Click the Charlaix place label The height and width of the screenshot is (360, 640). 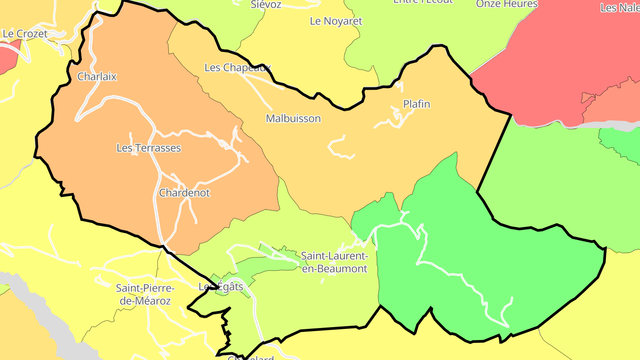[x=97, y=76]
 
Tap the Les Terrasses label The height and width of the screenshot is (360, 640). [x=148, y=148]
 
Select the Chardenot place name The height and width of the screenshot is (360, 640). [x=184, y=193]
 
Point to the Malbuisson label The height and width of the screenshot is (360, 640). [x=293, y=118]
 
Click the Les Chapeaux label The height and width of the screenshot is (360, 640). [x=237, y=68]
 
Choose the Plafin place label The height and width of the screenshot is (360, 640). [x=416, y=104]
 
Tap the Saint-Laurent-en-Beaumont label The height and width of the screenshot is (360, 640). [x=334, y=262]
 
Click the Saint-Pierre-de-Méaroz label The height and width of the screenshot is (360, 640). [x=145, y=294]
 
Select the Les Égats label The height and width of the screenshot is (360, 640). [x=221, y=287]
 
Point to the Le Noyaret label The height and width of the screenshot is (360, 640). [x=336, y=21]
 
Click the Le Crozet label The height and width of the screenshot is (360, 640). [x=25, y=34]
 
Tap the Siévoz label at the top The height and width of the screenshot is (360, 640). [x=266, y=4]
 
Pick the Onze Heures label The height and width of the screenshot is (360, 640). [x=507, y=4]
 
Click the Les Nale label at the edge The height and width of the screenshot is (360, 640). [x=620, y=8]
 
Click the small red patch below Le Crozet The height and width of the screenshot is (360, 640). [x=8, y=56]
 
